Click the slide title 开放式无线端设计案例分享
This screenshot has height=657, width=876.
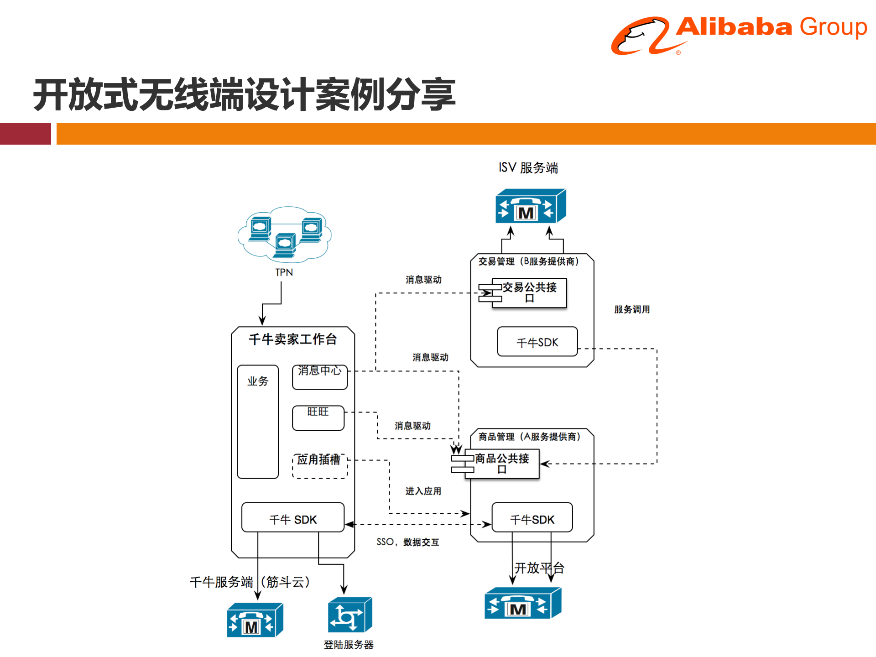click(244, 95)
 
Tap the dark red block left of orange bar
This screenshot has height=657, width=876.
click(25, 134)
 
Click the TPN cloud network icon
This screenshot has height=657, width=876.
click(285, 234)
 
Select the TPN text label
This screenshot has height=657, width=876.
click(284, 272)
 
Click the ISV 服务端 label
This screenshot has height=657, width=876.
click(528, 168)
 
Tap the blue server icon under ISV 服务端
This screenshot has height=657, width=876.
click(530, 206)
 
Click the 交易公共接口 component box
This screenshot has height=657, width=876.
click(529, 292)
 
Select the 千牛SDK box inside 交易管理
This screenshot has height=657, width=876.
click(537, 342)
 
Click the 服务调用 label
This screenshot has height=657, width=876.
click(631, 309)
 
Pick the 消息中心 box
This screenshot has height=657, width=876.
click(319, 377)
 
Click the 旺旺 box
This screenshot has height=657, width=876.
click(318, 418)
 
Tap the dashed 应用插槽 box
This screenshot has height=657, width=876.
click(319, 465)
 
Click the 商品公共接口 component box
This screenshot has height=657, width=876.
click(502, 464)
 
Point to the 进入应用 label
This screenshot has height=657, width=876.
click(423, 491)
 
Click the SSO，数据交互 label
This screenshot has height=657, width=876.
click(407, 542)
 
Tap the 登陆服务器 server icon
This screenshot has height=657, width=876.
click(349, 615)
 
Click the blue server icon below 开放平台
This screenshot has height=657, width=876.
click(522, 603)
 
